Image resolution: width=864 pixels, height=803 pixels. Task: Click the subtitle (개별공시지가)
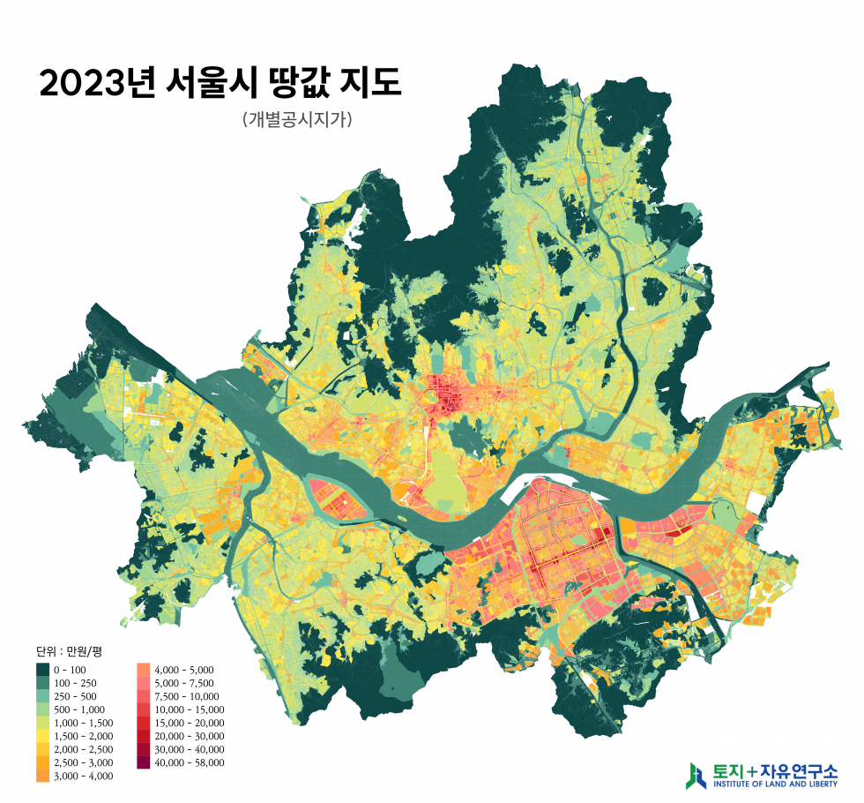pos(296,119)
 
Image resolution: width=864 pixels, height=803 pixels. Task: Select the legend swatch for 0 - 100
pos(42,670)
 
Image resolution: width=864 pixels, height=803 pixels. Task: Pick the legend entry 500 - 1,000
pos(79,709)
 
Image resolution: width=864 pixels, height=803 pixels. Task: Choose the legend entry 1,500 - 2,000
pos(84,736)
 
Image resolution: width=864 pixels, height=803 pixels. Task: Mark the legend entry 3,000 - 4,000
pos(84,776)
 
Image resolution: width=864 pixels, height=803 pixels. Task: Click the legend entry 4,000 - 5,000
pos(183,670)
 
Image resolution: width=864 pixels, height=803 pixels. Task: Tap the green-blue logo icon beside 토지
pos(696,774)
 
